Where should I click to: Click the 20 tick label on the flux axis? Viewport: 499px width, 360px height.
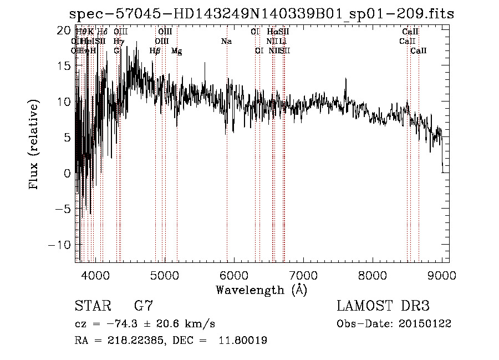pos(65,30)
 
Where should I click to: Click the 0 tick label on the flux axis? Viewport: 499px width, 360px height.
pos(68,173)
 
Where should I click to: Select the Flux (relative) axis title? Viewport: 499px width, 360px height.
pos(34,145)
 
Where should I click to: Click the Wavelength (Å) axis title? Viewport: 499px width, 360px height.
pos(261,290)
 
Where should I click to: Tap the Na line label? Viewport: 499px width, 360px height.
pos(226,42)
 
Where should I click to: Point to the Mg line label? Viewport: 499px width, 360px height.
pos(176,51)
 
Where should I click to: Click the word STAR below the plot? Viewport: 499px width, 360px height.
pos(91,306)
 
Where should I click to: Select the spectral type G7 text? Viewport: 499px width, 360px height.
pos(144,306)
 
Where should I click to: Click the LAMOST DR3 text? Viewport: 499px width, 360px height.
pos(383,306)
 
